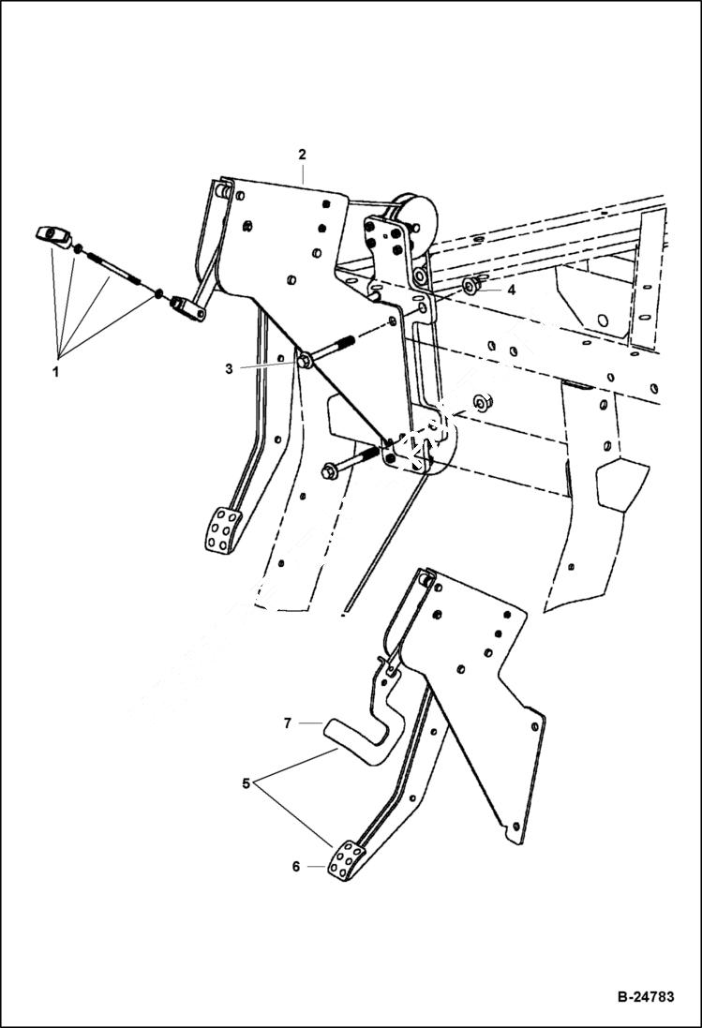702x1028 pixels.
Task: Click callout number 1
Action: (x=55, y=371)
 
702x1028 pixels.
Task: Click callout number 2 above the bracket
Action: (x=302, y=154)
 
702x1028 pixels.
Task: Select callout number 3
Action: (x=229, y=369)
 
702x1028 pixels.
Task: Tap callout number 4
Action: (x=511, y=291)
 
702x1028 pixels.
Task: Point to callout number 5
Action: (x=246, y=783)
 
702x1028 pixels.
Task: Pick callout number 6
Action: (x=296, y=867)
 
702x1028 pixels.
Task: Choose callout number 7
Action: (x=289, y=723)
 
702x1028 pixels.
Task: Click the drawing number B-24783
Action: (x=645, y=997)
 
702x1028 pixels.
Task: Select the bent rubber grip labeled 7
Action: (x=355, y=731)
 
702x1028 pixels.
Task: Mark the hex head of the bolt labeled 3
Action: (x=306, y=360)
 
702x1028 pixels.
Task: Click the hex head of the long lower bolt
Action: (x=330, y=471)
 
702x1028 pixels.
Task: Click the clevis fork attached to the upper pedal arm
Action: (x=188, y=309)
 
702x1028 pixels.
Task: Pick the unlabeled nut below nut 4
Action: (x=484, y=402)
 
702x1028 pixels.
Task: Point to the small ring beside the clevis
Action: (x=158, y=295)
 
